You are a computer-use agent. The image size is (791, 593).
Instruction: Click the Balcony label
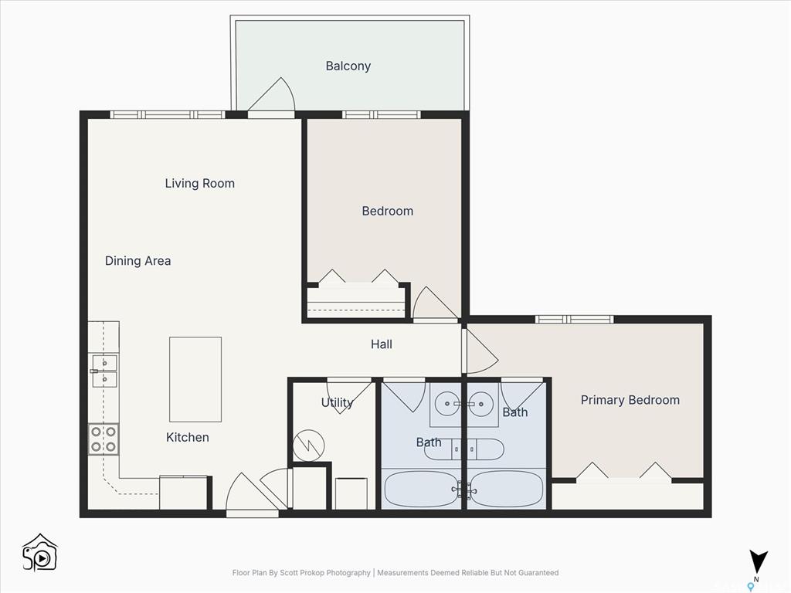tap(348, 66)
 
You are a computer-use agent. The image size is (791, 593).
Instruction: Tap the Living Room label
tap(200, 183)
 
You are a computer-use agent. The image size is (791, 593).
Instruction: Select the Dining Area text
tap(137, 261)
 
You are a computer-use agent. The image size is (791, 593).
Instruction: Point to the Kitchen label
tap(188, 437)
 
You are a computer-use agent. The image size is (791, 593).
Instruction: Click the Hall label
tap(382, 344)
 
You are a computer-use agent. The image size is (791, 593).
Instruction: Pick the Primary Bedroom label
tap(630, 400)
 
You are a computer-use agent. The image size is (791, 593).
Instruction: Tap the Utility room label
tap(337, 402)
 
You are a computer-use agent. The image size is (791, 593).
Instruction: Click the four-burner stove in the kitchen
tap(104, 439)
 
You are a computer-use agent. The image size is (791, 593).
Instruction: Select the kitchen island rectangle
tap(195, 379)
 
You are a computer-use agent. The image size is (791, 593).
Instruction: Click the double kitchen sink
tap(104, 371)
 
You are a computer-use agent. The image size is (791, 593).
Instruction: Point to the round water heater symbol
tap(309, 446)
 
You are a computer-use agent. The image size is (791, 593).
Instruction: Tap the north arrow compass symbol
tap(758, 563)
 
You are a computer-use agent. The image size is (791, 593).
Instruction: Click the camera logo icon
tap(40, 553)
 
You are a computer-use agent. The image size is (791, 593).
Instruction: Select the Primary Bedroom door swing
tap(480, 351)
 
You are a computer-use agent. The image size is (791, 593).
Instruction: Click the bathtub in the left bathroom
tap(421, 489)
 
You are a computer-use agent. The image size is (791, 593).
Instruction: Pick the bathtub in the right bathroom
tap(505, 489)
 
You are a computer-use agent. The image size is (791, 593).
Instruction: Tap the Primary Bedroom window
tap(574, 319)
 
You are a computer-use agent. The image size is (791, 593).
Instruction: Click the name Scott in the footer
tap(290, 573)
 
